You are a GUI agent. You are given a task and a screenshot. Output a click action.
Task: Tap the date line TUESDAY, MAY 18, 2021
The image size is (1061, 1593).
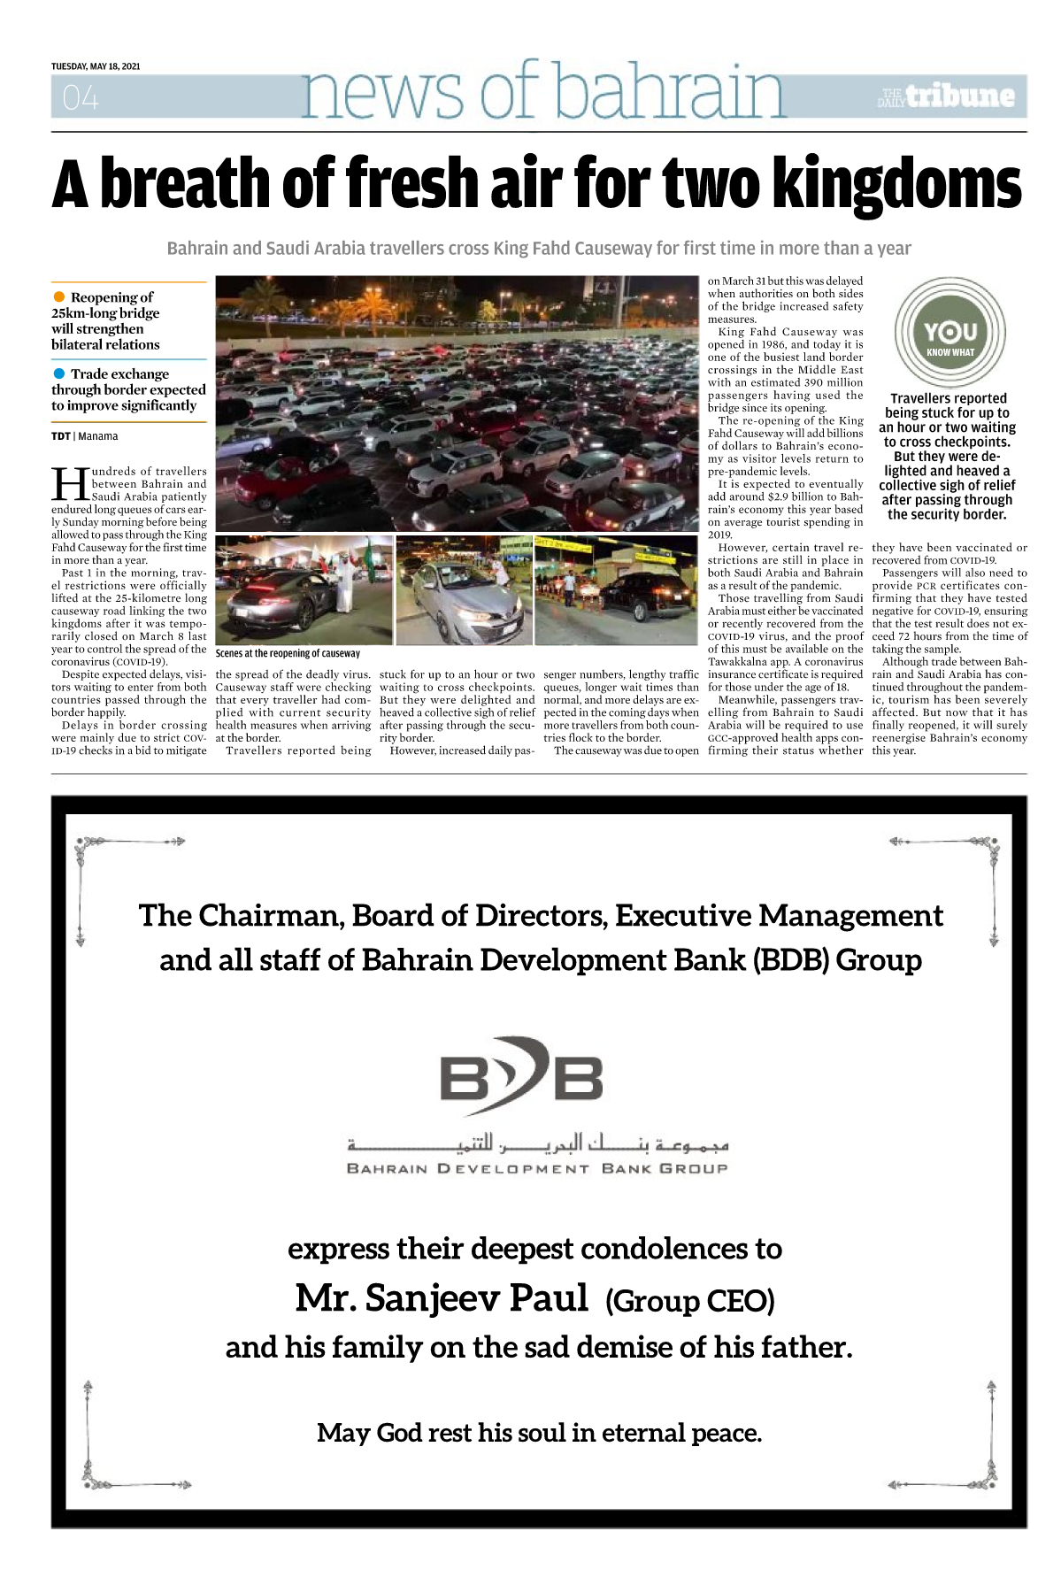coord(96,66)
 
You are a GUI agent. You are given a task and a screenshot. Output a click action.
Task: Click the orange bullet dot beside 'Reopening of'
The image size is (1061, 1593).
coord(59,296)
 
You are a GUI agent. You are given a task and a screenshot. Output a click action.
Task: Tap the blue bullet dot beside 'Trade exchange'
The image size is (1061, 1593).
coord(59,373)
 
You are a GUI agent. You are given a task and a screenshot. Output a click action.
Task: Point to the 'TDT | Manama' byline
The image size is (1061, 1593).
coord(84,436)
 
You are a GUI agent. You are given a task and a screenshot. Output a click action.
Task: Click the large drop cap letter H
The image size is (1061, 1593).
coord(70,484)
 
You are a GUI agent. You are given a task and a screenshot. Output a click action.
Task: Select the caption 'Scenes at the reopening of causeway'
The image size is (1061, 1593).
coord(288,653)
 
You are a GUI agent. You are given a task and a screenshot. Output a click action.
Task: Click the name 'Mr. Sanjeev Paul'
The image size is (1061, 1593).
coord(442,1298)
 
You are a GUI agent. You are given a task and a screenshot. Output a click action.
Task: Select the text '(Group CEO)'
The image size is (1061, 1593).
coord(690,1301)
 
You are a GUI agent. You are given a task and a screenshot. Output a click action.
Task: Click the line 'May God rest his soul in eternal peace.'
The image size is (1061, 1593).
coord(539,1433)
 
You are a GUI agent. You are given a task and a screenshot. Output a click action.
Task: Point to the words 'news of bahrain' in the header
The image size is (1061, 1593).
coord(542,92)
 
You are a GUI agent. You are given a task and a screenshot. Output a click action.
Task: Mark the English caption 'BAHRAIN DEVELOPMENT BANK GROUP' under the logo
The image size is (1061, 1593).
coord(537,1169)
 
